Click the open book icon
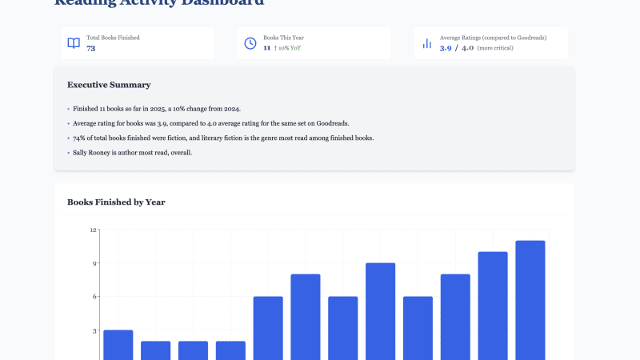[x=74, y=43]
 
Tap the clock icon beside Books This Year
[x=250, y=43]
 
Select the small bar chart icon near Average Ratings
[x=427, y=43]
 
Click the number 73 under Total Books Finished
[x=91, y=49]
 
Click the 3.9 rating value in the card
[x=446, y=49]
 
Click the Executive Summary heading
[x=109, y=85]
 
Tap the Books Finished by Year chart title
[x=116, y=202]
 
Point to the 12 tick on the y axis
[x=93, y=230]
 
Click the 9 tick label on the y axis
[x=94, y=263]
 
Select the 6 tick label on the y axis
[x=94, y=297]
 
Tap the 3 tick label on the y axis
[x=94, y=330]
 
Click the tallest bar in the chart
[x=530, y=300]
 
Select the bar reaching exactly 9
[x=381, y=312]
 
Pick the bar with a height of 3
[x=118, y=345]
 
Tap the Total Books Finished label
[x=113, y=38]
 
